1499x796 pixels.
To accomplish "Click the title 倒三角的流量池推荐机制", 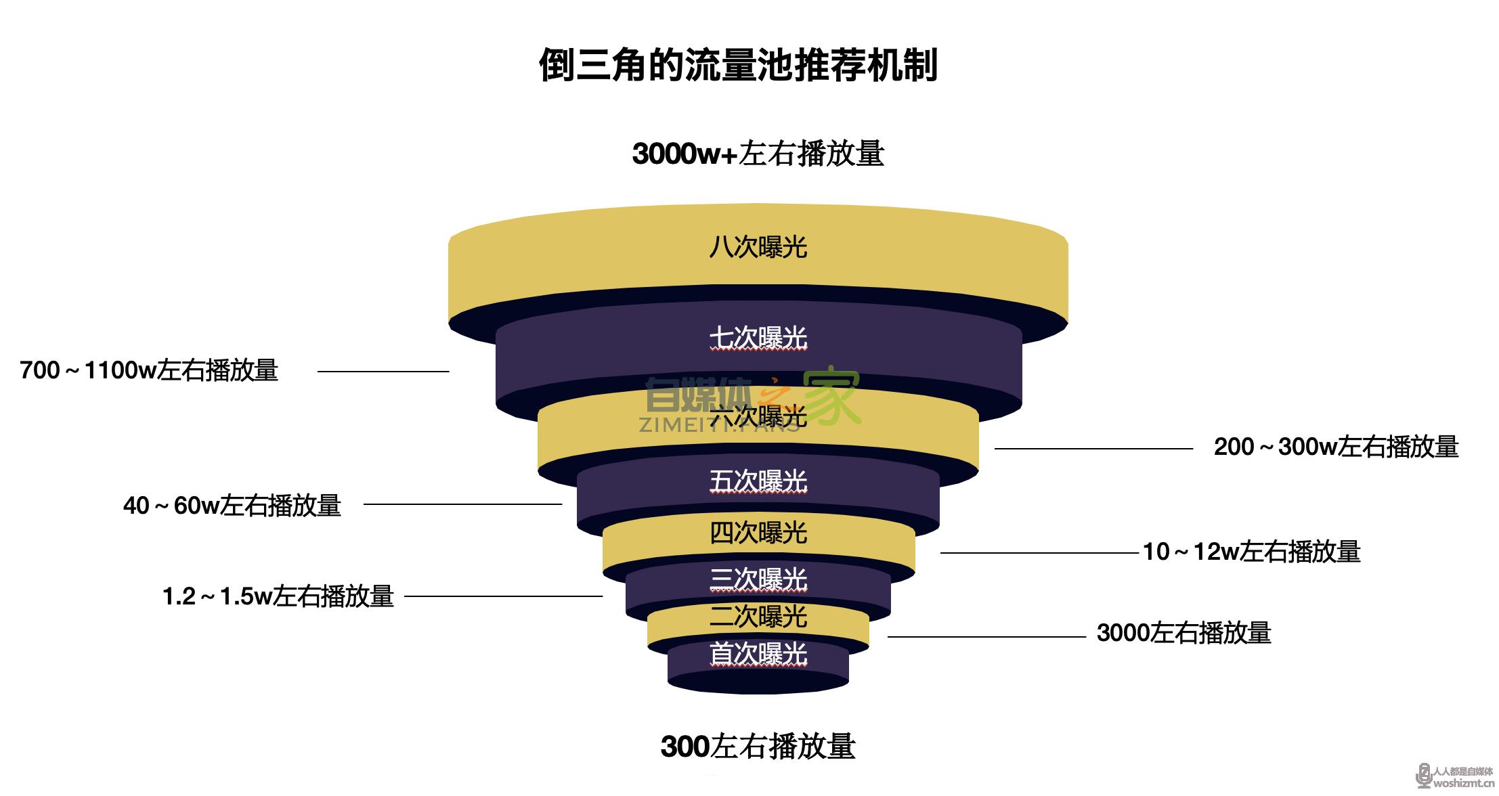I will click(x=738, y=66).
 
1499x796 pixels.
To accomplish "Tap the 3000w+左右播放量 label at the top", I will click(x=758, y=154).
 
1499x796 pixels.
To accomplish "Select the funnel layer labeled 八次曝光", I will click(x=758, y=247).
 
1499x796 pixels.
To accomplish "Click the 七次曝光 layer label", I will click(x=758, y=338).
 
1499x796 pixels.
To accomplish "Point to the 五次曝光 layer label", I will click(x=758, y=481).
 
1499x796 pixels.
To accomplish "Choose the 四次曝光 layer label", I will click(x=758, y=533).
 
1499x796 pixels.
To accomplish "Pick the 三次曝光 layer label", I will click(x=758, y=579).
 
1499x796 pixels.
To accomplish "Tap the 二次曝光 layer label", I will click(x=758, y=617).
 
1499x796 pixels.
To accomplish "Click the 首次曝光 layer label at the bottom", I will click(x=758, y=655).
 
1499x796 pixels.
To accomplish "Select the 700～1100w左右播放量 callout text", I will click(x=149, y=371).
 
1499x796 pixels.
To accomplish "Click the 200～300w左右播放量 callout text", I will click(x=1336, y=447).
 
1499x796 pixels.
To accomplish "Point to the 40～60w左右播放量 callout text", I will click(x=232, y=506).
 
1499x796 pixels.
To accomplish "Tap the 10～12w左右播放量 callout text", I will click(x=1252, y=552).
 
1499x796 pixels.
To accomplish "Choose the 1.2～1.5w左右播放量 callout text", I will click(x=278, y=596).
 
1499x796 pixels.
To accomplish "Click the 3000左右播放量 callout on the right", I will click(x=1184, y=634).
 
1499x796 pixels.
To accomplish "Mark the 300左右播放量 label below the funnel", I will click(x=758, y=747).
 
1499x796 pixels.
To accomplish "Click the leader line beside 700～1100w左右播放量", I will click(x=383, y=372).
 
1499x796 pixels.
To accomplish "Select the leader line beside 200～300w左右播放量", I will click(x=1093, y=449).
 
